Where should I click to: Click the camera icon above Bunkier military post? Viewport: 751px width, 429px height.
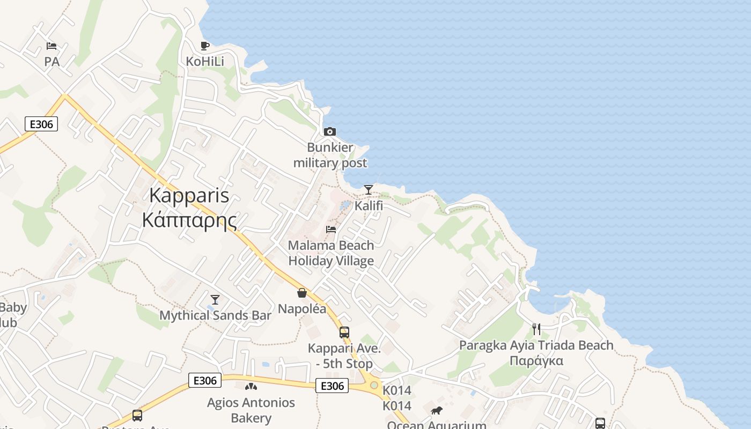(x=330, y=131)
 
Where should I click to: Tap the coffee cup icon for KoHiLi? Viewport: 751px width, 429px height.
(x=204, y=46)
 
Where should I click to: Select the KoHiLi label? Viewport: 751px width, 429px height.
(x=205, y=62)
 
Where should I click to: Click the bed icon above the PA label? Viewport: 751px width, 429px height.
(x=51, y=46)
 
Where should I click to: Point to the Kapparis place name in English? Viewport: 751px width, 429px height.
(x=189, y=195)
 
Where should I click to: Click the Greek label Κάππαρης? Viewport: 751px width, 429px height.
(x=189, y=219)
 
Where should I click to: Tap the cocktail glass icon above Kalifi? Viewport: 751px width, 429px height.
(x=369, y=189)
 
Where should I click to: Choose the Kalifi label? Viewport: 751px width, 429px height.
(x=369, y=205)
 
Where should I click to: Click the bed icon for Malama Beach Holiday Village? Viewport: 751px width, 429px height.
(x=331, y=230)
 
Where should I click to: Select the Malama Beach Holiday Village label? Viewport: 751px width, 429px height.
(x=331, y=253)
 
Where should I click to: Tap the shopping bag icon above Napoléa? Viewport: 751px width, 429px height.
(x=302, y=293)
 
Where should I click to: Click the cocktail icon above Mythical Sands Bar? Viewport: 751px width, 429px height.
(x=215, y=299)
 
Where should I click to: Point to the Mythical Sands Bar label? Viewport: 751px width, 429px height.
(x=215, y=315)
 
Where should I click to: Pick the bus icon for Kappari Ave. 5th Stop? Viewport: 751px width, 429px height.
(x=344, y=332)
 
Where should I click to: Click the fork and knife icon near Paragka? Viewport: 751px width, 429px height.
(x=536, y=329)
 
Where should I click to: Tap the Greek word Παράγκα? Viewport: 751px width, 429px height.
(x=536, y=360)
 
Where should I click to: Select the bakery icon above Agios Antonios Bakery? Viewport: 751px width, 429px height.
(x=251, y=387)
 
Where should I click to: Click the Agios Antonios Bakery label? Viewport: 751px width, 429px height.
(x=251, y=410)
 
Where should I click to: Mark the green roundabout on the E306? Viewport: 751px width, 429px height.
(x=374, y=385)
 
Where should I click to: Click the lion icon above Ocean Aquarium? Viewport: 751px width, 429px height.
(x=437, y=411)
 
